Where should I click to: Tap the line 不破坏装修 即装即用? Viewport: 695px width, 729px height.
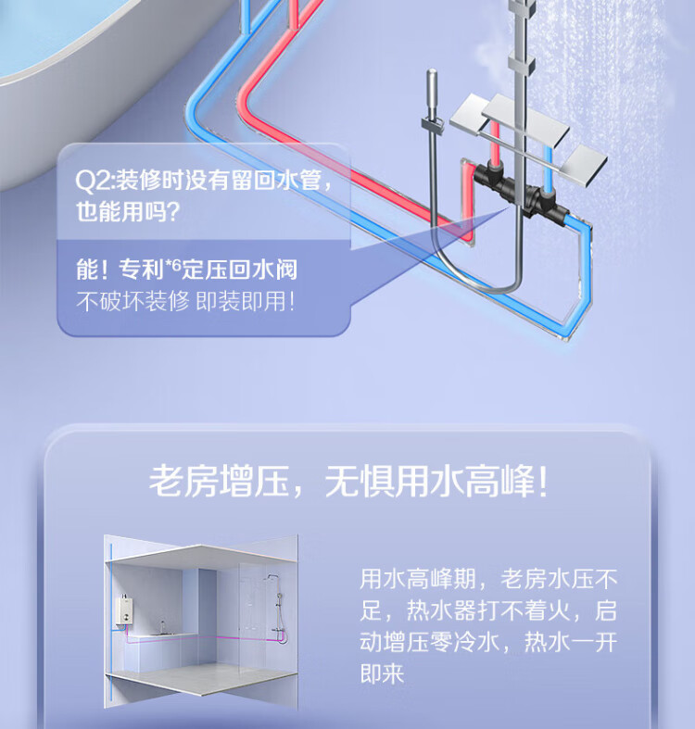185,302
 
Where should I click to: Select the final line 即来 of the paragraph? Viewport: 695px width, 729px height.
383,673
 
